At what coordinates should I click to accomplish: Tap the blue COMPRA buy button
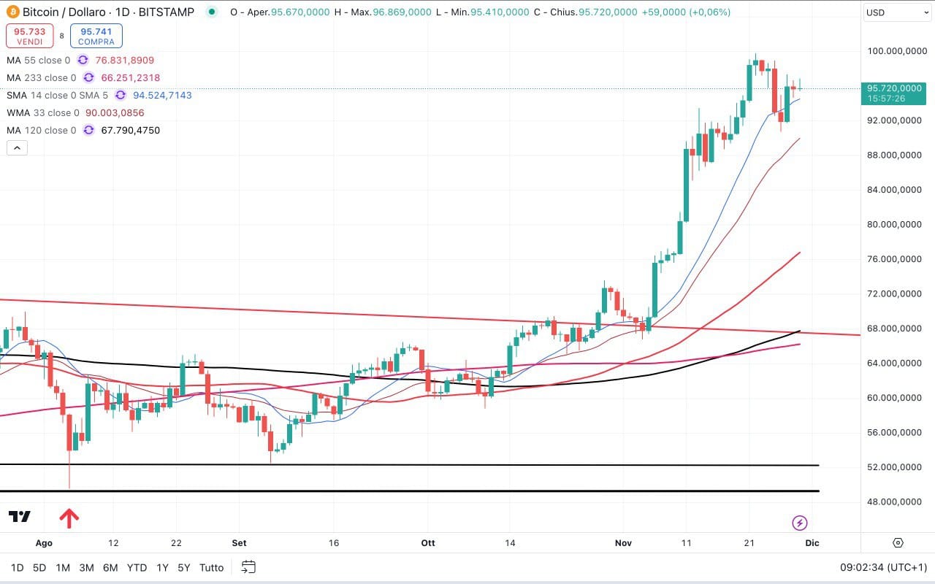96,36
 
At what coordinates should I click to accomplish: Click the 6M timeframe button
110,567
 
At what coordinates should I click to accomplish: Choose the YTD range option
137,567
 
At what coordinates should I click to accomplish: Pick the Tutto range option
212,567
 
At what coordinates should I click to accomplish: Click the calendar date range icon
248,567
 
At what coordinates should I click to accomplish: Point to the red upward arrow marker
69,518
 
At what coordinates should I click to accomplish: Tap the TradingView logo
20,517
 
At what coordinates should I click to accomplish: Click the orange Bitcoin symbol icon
12,12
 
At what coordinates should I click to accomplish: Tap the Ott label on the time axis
428,543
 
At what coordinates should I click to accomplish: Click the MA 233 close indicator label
41,78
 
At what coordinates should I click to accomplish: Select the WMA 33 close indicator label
43,113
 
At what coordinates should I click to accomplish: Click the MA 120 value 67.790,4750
130,131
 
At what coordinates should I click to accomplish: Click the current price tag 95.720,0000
895,88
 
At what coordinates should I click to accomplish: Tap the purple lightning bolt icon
800,523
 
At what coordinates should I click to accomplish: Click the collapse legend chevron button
17,148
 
